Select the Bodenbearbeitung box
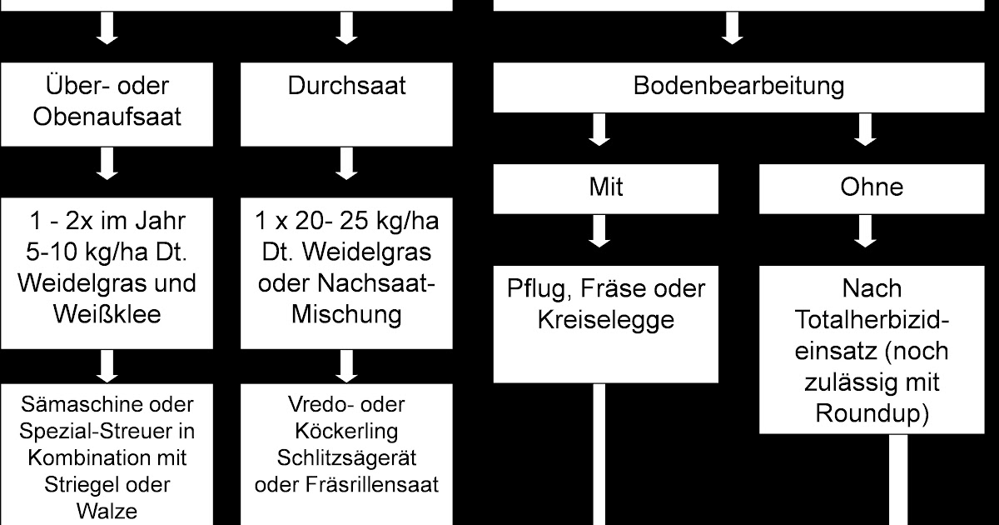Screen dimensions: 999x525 pyautogui.click(x=738, y=87)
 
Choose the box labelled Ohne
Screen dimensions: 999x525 pyautogui.click(x=872, y=187)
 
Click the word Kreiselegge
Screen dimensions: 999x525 pyautogui.click(x=605, y=319)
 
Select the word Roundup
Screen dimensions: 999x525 pyautogui.click(x=872, y=412)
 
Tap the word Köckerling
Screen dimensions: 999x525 pyautogui.click(x=348, y=432)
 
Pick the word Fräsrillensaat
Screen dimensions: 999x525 pyautogui.click(x=348, y=485)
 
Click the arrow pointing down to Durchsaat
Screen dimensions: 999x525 pyautogui.click(x=347, y=30)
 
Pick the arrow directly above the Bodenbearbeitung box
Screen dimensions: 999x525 pyautogui.click(x=733, y=30)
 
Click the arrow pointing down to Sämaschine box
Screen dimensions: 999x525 pyautogui.click(x=107, y=364)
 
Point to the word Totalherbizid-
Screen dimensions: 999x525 pyautogui.click(x=872, y=319)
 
